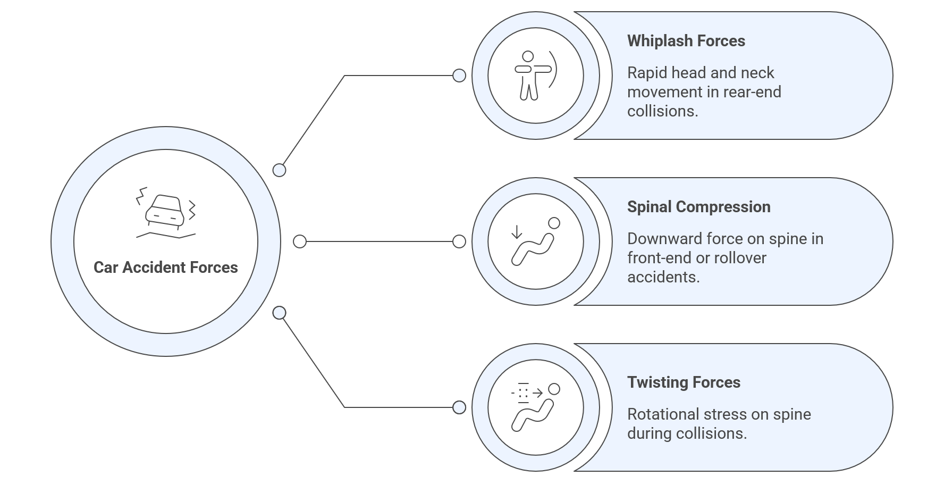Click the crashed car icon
click(x=165, y=212)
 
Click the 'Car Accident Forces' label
click(x=165, y=267)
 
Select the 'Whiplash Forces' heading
click(x=686, y=41)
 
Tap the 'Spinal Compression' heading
click(x=698, y=207)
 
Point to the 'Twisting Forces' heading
click(x=684, y=382)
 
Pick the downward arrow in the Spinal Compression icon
click(x=516, y=232)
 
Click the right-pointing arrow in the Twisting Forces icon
click(x=537, y=393)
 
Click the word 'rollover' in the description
click(x=740, y=258)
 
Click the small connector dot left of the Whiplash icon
click(x=459, y=76)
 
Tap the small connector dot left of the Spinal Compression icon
click(x=459, y=241)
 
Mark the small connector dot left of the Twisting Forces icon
click(x=459, y=407)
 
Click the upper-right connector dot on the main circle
click(x=279, y=170)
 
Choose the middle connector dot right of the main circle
click(x=300, y=241)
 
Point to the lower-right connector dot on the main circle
click(x=279, y=313)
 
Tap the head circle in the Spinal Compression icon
click(x=554, y=223)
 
